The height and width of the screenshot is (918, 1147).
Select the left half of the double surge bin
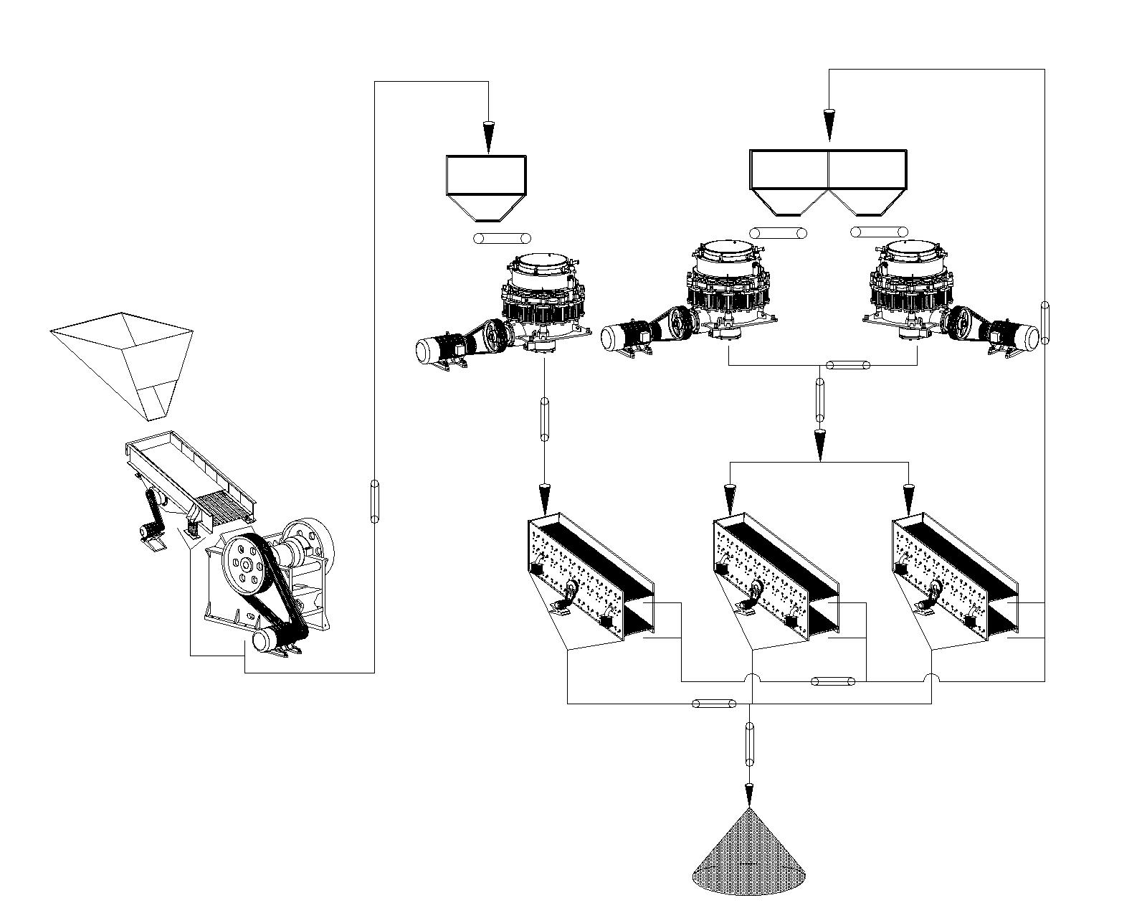[789, 179]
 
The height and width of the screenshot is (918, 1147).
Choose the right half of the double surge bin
[867, 179]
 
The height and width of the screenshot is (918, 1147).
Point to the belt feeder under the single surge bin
[503, 238]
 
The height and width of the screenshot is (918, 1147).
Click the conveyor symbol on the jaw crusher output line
[374, 501]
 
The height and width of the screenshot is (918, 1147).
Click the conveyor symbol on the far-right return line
[1044, 322]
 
